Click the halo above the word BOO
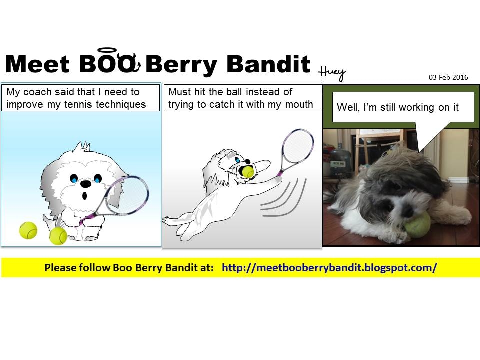pyautogui.click(x=107, y=48)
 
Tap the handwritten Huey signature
pyautogui.click(x=332, y=73)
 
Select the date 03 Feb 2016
pyautogui.click(x=448, y=77)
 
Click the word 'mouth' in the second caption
pyautogui.click(x=299, y=104)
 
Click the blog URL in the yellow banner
pyautogui.click(x=329, y=268)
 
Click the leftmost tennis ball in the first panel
pyautogui.click(x=28, y=230)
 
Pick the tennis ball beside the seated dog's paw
pyautogui.click(x=58, y=236)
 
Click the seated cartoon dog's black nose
pyautogui.click(x=85, y=184)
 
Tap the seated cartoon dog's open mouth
pyautogui.click(x=85, y=195)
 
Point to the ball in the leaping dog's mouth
pyautogui.click(x=248, y=172)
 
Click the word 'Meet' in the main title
pyautogui.click(x=37, y=64)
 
